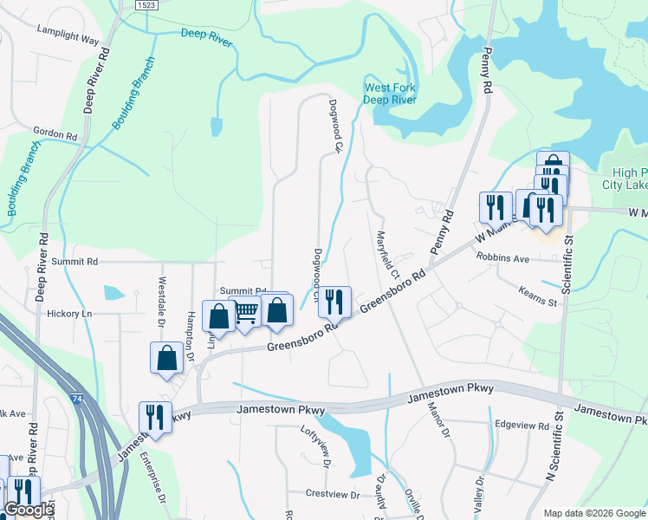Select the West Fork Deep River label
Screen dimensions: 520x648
[390, 94]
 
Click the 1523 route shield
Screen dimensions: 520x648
[146, 5]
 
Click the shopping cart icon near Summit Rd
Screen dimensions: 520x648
[247, 312]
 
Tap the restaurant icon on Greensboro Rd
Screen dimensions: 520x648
[334, 301]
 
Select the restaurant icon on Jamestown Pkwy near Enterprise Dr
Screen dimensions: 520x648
[155, 416]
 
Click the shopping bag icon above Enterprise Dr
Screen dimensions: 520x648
[166, 357]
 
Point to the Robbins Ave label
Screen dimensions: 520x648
[502, 258]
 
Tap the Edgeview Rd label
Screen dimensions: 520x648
[522, 426]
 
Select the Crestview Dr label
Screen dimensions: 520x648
[333, 494]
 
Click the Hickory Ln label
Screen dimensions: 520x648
[69, 313]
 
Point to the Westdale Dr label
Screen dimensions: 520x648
[161, 296]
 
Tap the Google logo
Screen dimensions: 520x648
[29, 510]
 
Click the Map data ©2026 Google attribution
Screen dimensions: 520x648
[594, 513]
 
